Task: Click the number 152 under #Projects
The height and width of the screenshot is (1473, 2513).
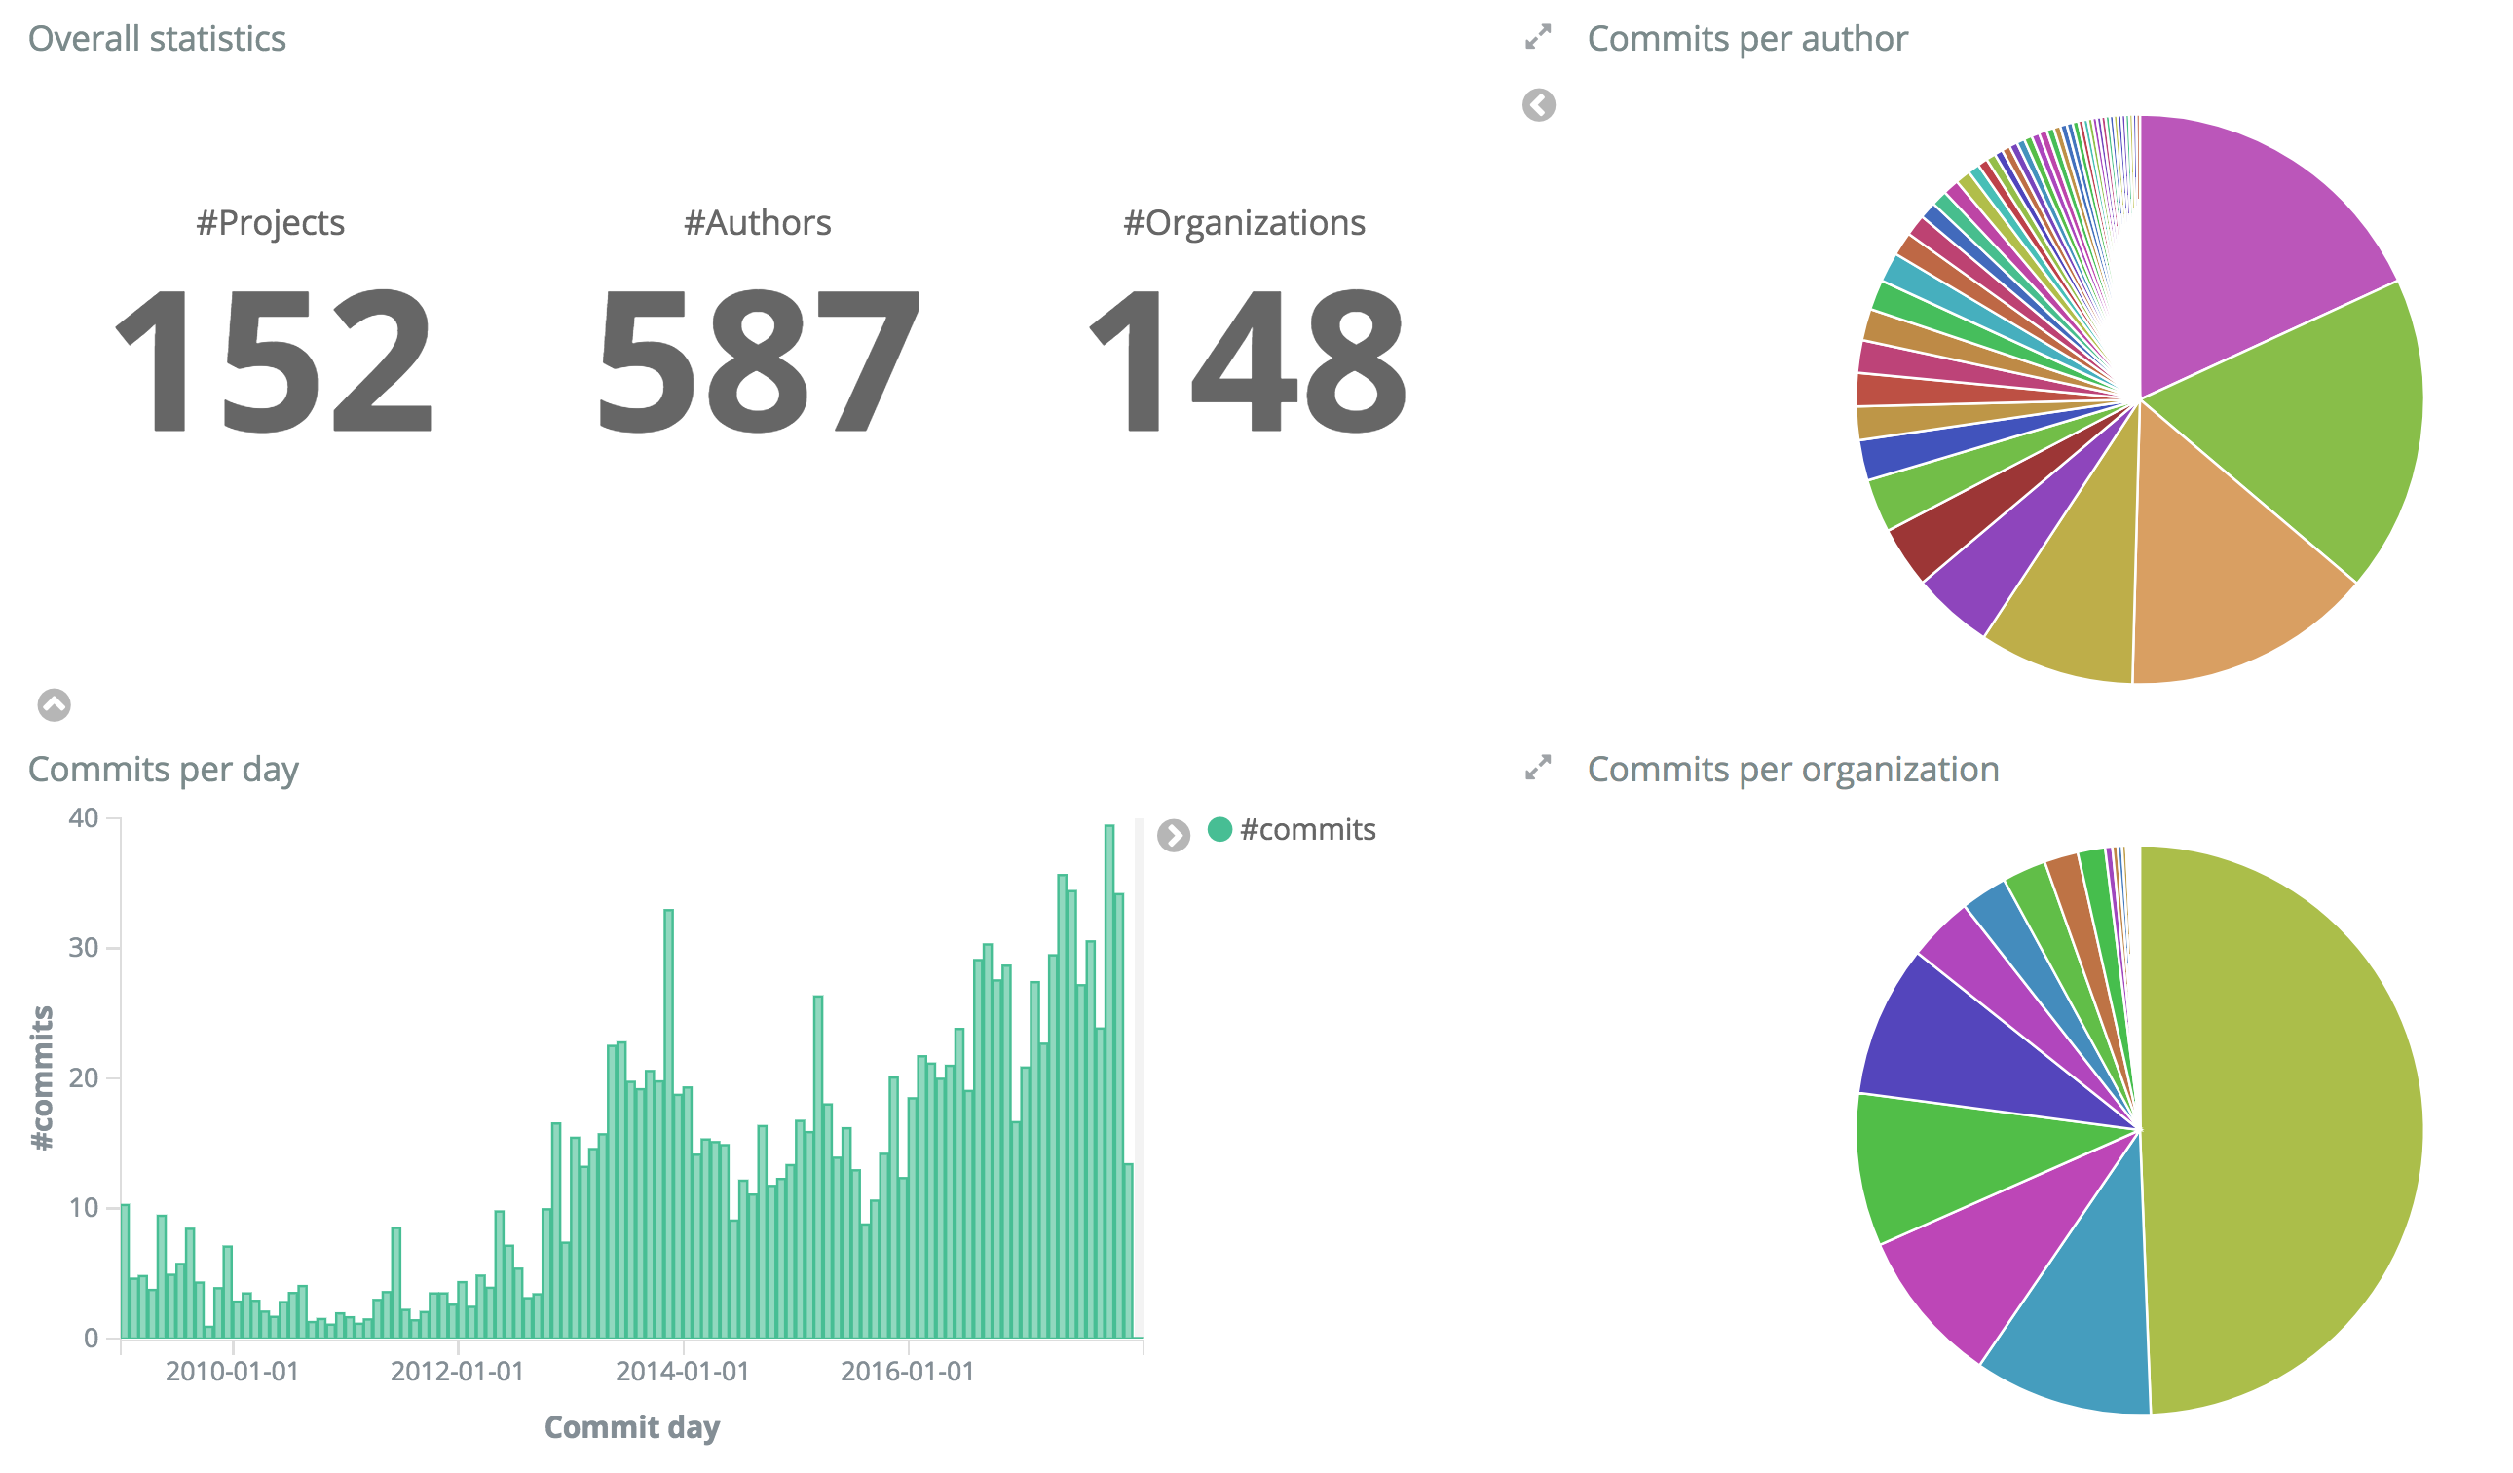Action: coord(275,361)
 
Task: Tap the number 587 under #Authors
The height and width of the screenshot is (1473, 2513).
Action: coord(758,361)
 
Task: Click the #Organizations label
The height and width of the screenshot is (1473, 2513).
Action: coord(1244,222)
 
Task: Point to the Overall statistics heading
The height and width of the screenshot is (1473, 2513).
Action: coord(157,39)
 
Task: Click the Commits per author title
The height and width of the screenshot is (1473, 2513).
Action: coord(1746,39)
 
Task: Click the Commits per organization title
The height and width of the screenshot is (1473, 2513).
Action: coord(1792,769)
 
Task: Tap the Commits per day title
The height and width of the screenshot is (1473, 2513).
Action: coord(163,769)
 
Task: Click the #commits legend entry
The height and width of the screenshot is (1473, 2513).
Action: coord(1306,829)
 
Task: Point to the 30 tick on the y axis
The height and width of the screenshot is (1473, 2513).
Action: coord(84,948)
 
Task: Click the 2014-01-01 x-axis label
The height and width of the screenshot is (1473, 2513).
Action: coord(682,1372)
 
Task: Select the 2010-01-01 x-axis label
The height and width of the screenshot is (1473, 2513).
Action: coord(232,1372)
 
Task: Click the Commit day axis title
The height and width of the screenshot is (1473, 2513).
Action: coord(631,1427)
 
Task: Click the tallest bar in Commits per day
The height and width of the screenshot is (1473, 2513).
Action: coord(1108,1077)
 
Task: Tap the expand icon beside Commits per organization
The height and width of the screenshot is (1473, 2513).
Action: coord(1538,767)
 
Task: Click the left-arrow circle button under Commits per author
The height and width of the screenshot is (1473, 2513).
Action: coord(1538,104)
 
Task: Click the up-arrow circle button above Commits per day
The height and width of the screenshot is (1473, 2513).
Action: coord(54,705)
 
